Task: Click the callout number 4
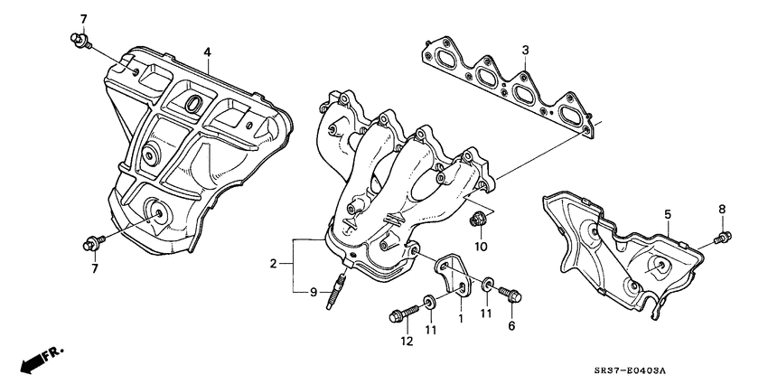coord(207,53)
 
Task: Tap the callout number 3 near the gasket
coord(524,50)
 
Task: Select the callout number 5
coord(668,214)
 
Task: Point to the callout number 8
coord(722,211)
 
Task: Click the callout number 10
coord(481,246)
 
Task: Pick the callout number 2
coord(271,264)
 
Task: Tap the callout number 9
coord(314,292)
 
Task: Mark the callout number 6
coord(511,325)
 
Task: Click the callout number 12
coord(407,341)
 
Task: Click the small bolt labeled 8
coord(725,238)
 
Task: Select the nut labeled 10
coord(479,218)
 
